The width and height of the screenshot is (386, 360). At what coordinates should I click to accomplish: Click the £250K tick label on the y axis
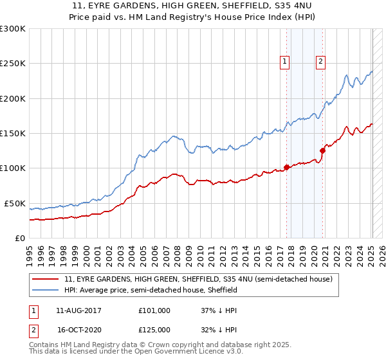13,64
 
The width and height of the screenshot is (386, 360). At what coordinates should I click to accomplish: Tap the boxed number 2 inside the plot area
320,62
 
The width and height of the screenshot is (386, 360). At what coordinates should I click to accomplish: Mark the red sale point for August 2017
286,168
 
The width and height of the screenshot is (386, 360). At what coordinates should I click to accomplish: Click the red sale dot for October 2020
322,151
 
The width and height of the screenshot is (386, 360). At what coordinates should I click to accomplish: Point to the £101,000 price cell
154,310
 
